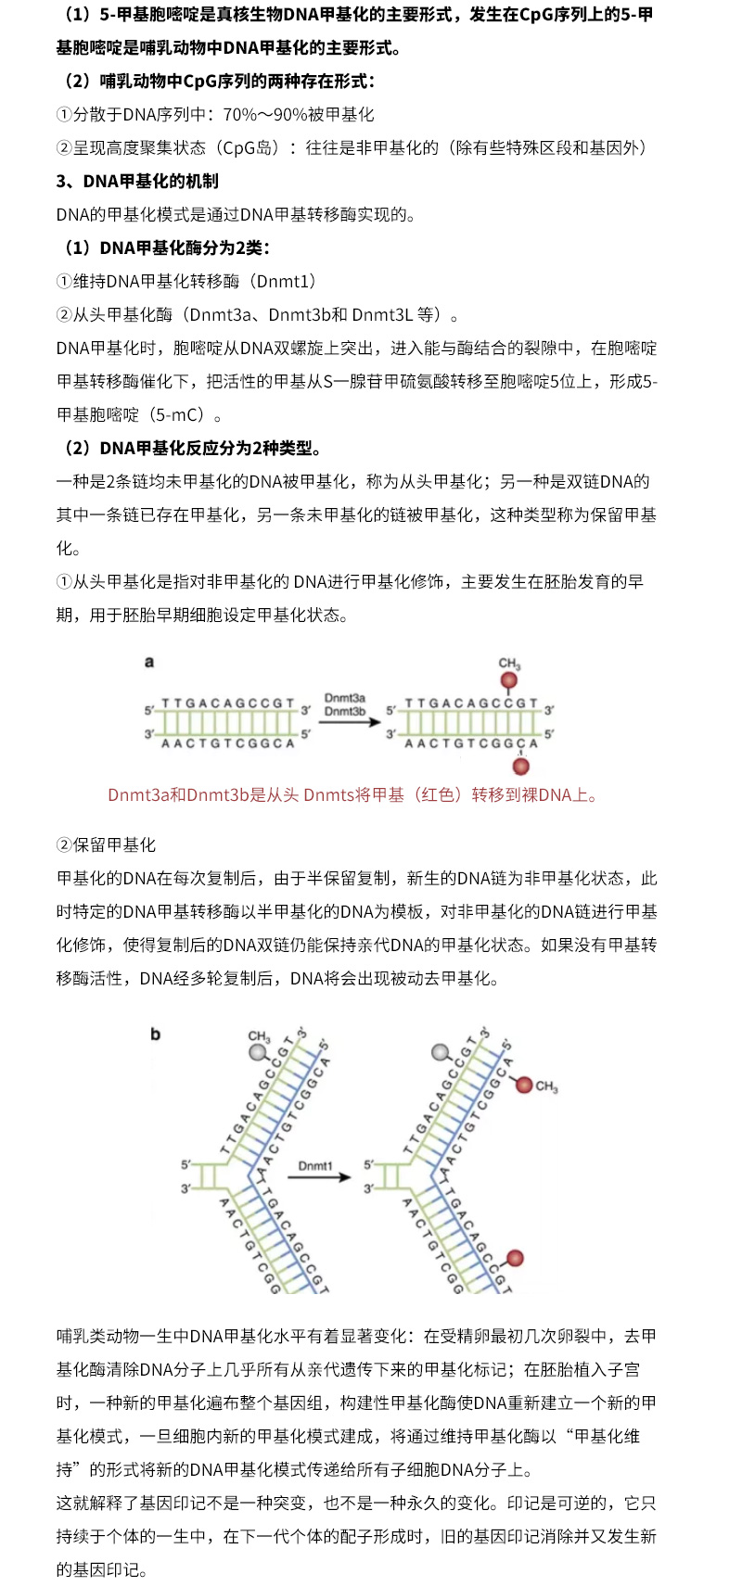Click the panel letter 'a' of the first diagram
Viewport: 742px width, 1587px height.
click(149, 662)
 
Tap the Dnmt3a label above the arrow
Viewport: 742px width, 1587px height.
click(344, 698)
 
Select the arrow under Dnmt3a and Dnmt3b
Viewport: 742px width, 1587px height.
click(344, 723)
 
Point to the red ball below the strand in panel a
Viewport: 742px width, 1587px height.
click(521, 767)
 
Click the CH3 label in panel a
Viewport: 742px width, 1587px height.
click(509, 664)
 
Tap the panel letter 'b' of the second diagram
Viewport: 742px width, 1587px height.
click(155, 1034)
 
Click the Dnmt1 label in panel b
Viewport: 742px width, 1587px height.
click(315, 1165)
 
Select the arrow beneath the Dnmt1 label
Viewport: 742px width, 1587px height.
click(318, 1177)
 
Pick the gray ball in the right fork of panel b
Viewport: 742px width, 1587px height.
click(441, 1052)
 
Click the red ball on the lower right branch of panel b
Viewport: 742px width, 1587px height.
click(516, 1258)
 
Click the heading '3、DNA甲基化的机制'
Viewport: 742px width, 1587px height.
click(137, 182)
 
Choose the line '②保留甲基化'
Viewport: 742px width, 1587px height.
click(106, 845)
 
